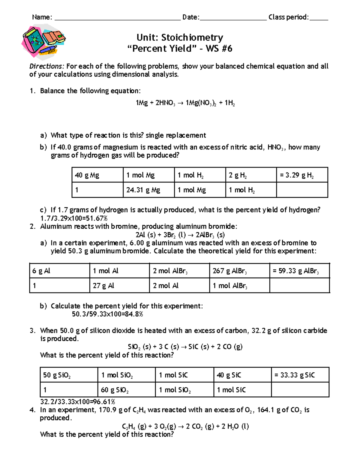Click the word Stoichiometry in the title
192,38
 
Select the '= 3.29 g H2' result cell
302,175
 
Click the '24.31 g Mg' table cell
148,190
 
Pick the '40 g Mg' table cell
97,175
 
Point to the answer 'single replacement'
176,135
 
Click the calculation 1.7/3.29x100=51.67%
74,218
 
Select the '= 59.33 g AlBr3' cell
299,271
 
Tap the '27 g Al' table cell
119,286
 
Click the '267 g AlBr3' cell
239,271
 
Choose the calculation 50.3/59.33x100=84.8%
107,314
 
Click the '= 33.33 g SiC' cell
300,375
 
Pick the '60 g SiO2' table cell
126,390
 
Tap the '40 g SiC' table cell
242,375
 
